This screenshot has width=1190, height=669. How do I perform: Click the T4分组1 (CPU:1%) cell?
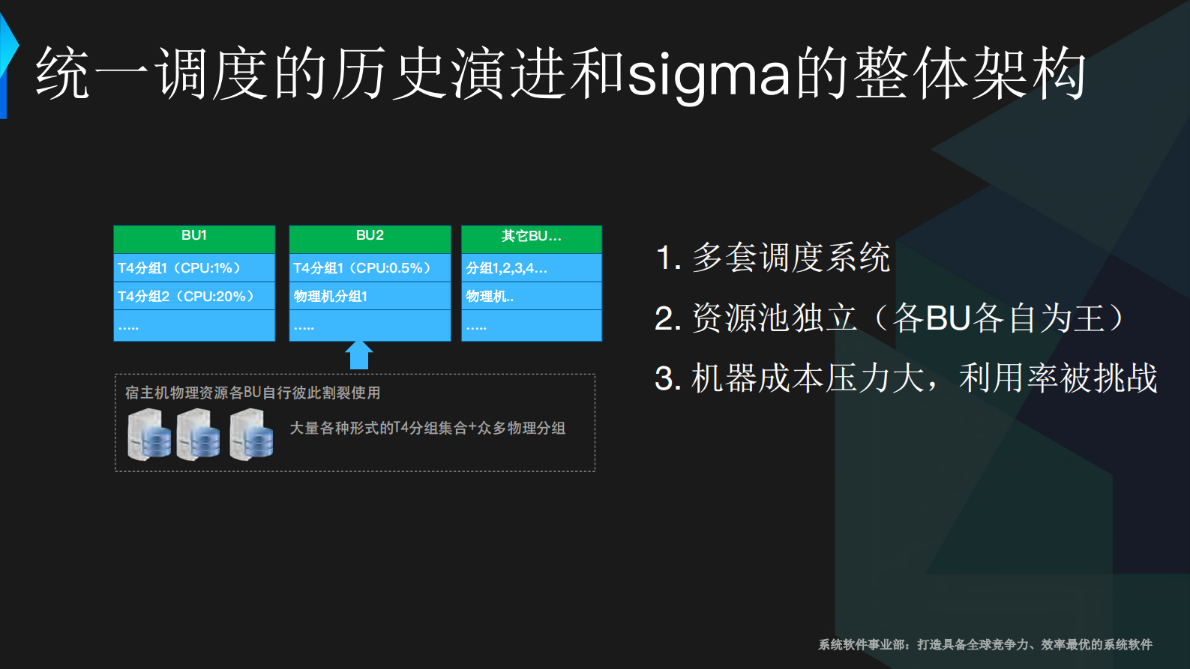(194, 268)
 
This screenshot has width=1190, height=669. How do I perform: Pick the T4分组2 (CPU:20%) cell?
(194, 297)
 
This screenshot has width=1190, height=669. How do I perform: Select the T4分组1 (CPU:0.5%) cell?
(370, 268)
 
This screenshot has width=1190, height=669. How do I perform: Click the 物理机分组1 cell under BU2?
(370, 297)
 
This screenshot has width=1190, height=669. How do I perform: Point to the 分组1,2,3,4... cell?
(531, 268)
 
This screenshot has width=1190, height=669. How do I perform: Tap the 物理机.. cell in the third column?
(531, 297)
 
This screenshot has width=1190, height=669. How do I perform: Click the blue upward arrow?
(359, 355)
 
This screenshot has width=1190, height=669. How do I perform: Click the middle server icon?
(198, 435)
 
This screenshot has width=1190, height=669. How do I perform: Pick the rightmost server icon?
(251, 435)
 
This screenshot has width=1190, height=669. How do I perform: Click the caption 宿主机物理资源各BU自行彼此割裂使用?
(253, 393)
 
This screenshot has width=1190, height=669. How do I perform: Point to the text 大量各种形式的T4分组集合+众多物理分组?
(427, 428)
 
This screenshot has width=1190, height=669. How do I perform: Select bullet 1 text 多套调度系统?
(790, 258)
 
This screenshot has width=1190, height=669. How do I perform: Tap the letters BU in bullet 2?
(949, 318)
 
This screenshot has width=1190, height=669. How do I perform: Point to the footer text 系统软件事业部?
(862, 644)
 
